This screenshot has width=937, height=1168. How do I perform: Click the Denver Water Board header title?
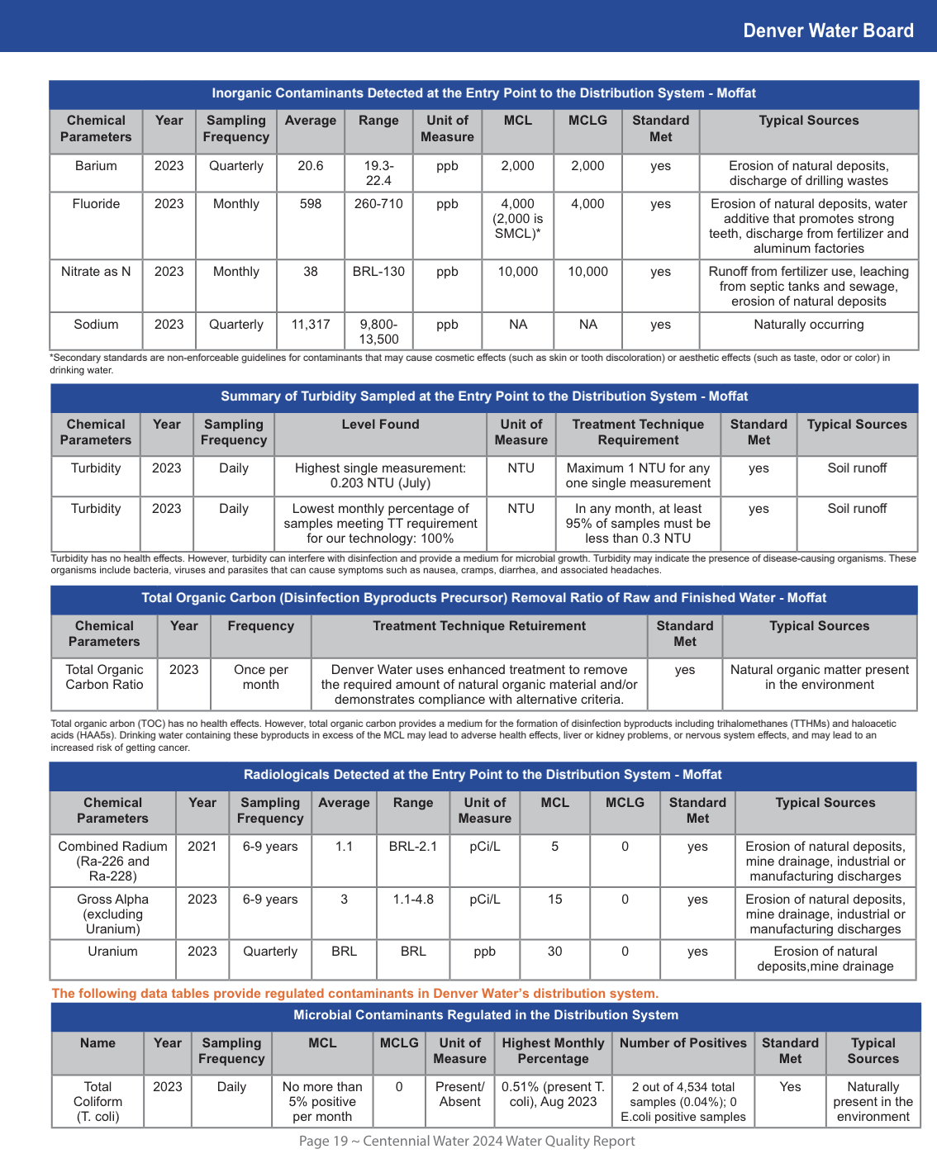[x=828, y=31]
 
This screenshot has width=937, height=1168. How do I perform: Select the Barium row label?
[x=96, y=166]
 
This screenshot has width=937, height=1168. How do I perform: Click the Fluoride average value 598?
[x=310, y=204]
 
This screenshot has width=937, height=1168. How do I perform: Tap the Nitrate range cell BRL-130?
[x=378, y=272]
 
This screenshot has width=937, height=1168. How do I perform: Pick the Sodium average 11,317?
[x=310, y=325]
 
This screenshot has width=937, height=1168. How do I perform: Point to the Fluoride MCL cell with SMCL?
[x=517, y=219]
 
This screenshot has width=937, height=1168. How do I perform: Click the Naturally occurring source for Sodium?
[x=808, y=325]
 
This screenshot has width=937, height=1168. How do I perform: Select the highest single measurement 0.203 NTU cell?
[x=380, y=476]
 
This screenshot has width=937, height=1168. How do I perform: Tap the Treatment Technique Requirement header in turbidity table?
[x=638, y=432]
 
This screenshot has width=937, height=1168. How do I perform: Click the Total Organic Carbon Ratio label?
[x=104, y=677]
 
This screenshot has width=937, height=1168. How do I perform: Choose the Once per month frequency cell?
[x=260, y=677]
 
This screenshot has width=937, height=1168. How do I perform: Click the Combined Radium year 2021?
[x=202, y=847]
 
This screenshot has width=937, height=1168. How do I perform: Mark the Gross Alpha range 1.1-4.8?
[x=413, y=900]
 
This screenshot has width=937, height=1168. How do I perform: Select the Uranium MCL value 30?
[x=554, y=952]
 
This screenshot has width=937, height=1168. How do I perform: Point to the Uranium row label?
[x=112, y=952]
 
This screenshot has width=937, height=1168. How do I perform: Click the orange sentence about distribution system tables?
[x=354, y=994]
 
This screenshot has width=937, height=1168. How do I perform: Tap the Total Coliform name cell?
[x=98, y=1102]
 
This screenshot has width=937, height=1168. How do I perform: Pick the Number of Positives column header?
[x=683, y=1043]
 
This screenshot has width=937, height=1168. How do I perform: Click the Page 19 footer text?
[x=467, y=1141]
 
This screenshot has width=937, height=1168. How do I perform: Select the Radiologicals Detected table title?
[x=483, y=775]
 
